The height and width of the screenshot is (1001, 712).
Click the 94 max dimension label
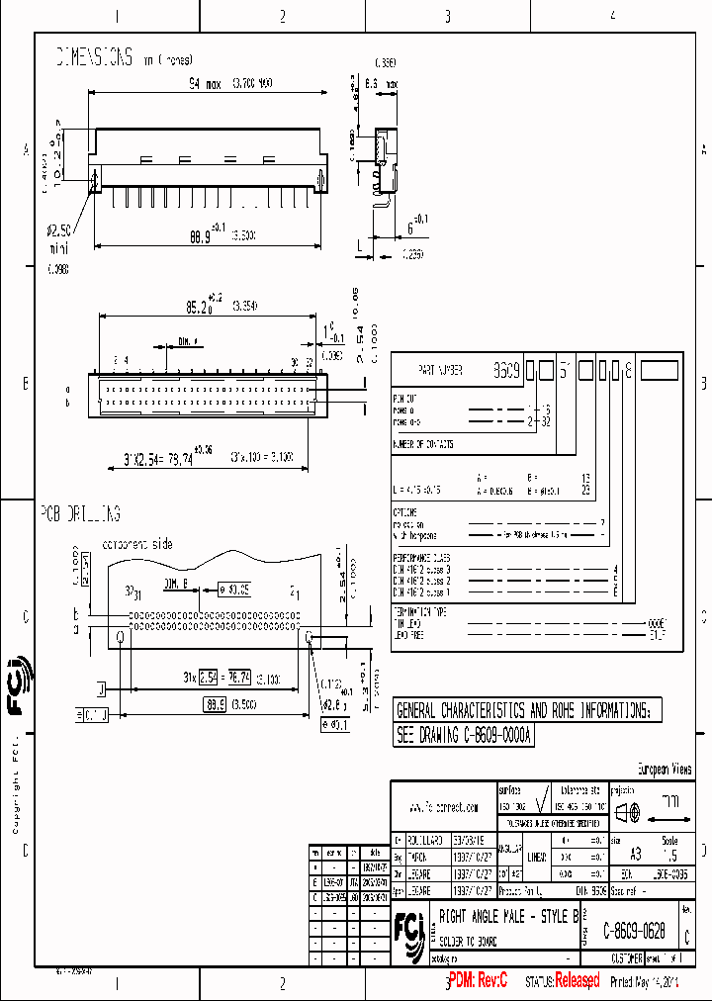[x=206, y=83]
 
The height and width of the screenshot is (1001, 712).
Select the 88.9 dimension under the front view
[x=201, y=236]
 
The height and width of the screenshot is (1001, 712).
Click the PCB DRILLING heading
[x=80, y=514]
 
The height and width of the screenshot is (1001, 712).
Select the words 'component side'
[x=137, y=544]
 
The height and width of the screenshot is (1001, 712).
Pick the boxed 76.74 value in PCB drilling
[x=239, y=678]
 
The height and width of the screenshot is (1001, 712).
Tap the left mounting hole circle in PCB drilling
[x=121, y=637]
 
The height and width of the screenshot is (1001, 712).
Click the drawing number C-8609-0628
[x=640, y=931]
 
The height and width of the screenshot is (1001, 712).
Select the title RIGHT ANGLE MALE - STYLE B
[x=508, y=917]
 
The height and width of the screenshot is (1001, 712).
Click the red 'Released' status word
[x=577, y=981]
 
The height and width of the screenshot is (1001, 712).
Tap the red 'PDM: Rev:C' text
[x=477, y=981]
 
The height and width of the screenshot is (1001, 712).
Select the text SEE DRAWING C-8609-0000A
[x=465, y=737]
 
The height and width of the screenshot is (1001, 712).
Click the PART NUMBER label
[x=440, y=370]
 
